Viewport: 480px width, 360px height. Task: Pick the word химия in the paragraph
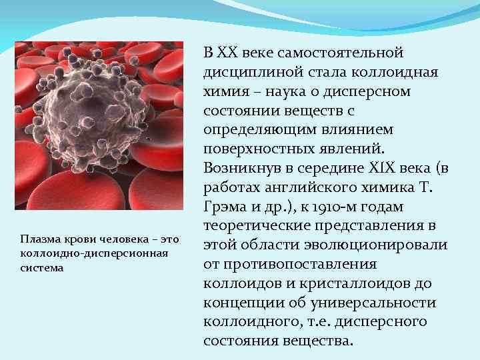(x=221, y=91)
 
